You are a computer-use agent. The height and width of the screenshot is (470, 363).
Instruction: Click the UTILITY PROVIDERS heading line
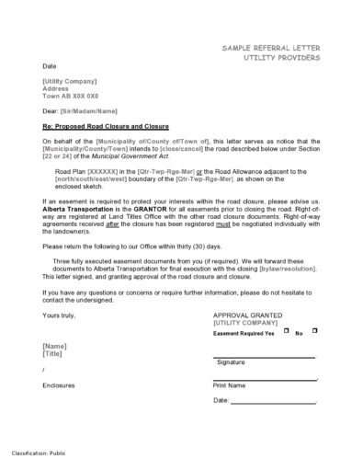(x=276, y=57)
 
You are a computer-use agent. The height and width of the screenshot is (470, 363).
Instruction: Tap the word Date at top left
(x=48, y=67)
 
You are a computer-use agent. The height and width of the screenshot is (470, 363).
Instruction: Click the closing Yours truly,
(x=59, y=315)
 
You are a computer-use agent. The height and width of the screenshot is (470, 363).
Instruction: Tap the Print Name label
(x=230, y=385)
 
